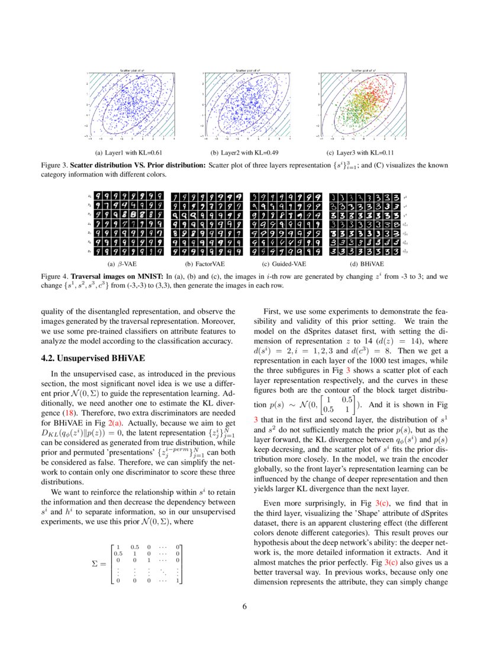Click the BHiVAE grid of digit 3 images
[x=365, y=224]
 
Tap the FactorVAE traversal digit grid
[x=207, y=224]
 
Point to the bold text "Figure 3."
[x=54, y=165]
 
